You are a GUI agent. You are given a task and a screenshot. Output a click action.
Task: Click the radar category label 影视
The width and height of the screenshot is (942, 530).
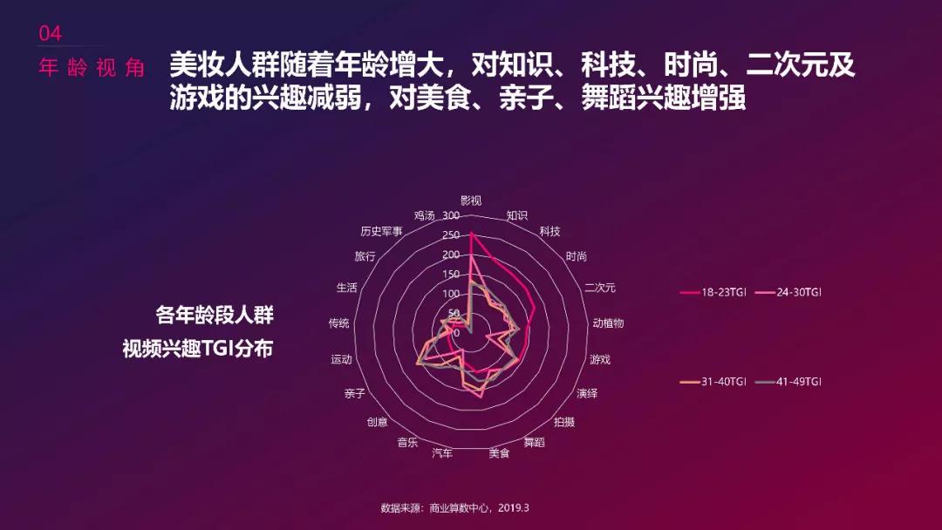471,200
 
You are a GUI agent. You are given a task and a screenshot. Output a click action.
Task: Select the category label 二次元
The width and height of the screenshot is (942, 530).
600,288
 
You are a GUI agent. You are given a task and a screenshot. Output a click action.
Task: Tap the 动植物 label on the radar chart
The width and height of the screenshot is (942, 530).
608,323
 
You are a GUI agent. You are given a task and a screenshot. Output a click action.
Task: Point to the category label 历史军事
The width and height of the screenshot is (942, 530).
381,231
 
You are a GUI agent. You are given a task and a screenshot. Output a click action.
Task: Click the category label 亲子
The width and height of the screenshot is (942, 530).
355,393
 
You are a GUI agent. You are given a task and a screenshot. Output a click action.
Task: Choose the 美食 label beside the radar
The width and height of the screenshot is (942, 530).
499,452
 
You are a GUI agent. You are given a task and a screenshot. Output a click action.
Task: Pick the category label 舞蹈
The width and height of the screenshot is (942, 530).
534,442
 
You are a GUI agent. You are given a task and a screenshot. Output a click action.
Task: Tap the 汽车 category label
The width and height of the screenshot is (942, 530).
442,452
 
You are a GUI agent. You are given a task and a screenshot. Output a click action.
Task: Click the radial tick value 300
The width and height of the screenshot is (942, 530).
451,215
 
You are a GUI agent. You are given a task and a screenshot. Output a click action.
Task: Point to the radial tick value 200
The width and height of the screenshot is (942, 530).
451,255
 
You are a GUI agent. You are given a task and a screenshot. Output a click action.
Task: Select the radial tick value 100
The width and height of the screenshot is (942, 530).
451,294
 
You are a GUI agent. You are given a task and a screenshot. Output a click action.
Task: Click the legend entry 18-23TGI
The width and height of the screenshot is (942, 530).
713,292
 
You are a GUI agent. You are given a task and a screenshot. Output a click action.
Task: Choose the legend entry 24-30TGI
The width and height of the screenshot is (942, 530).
788,292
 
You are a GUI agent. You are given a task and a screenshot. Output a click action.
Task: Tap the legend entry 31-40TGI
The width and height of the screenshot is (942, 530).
713,381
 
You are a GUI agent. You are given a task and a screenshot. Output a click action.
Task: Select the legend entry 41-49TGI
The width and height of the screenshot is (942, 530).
788,381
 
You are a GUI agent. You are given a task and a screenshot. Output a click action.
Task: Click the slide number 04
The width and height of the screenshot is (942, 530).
50,34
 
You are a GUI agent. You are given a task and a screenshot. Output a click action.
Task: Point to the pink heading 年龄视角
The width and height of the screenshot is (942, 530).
92,68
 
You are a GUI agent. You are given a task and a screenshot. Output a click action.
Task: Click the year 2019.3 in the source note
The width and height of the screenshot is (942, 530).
514,508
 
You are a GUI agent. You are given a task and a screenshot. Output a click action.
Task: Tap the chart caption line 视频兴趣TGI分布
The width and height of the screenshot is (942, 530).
198,348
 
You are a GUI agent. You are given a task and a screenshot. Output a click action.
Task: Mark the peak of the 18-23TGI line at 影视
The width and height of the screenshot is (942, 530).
472,234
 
